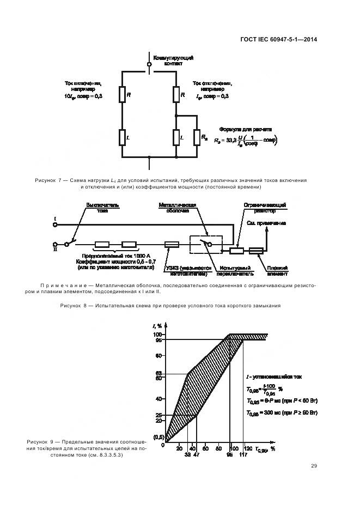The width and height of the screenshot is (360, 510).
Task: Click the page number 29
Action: [x=314, y=465]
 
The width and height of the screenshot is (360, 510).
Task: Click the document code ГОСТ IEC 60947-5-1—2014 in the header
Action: [x=279, y=39]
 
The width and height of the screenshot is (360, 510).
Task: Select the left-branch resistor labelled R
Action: [x=122, y=95]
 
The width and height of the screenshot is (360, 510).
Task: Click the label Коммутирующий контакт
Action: [x=173, y=60]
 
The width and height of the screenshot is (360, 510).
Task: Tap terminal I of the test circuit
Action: [x=55, y=223]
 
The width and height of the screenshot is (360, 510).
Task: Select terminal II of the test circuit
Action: [x=55, y=245]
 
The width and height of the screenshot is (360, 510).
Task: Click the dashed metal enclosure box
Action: [x=205, y=245]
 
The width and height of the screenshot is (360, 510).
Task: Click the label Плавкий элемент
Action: [x=277, y=271]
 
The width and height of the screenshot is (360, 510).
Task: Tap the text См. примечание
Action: [x=267, y=223]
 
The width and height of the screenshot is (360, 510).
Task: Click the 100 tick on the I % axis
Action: [x=158, y=334]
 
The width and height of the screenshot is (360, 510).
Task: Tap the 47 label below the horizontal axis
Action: [x=197, y=454]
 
